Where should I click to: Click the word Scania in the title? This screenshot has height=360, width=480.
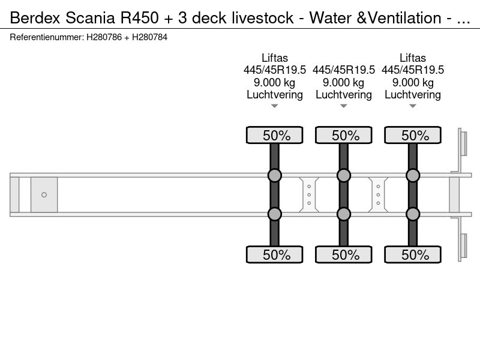pos(91,17)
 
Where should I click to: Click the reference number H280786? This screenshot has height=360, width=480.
pos(104,37)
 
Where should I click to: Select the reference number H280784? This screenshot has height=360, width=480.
pos(149,37)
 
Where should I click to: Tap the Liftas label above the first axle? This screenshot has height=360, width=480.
pos(275,58)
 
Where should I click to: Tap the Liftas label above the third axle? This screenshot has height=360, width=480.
pos(413,58)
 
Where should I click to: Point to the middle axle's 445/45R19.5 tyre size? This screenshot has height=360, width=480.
pos(343,70)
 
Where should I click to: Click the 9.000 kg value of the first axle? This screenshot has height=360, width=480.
pos(275,82)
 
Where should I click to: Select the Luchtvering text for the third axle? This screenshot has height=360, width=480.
pos(413,95)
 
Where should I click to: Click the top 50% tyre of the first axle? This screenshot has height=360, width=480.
pos(275,135)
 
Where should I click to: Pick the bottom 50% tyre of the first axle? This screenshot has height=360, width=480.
pos(275,254)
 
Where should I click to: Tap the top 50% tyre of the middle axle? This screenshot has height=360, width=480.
pos(343,135)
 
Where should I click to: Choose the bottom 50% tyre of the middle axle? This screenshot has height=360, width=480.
pos(343,254)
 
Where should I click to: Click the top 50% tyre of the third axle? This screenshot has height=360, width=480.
pos(413,135)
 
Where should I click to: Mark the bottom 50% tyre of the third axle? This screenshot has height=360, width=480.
pos(413,254)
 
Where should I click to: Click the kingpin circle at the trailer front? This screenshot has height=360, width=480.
pos(44,194)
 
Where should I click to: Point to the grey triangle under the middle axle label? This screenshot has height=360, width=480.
pos(343,106)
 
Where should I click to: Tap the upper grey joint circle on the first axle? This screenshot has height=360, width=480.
pos(275,175)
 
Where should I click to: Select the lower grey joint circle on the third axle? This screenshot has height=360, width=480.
pos(413,214)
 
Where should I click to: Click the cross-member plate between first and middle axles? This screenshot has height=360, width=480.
pos(309,194)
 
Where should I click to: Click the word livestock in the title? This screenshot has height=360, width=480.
pos(263,17)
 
